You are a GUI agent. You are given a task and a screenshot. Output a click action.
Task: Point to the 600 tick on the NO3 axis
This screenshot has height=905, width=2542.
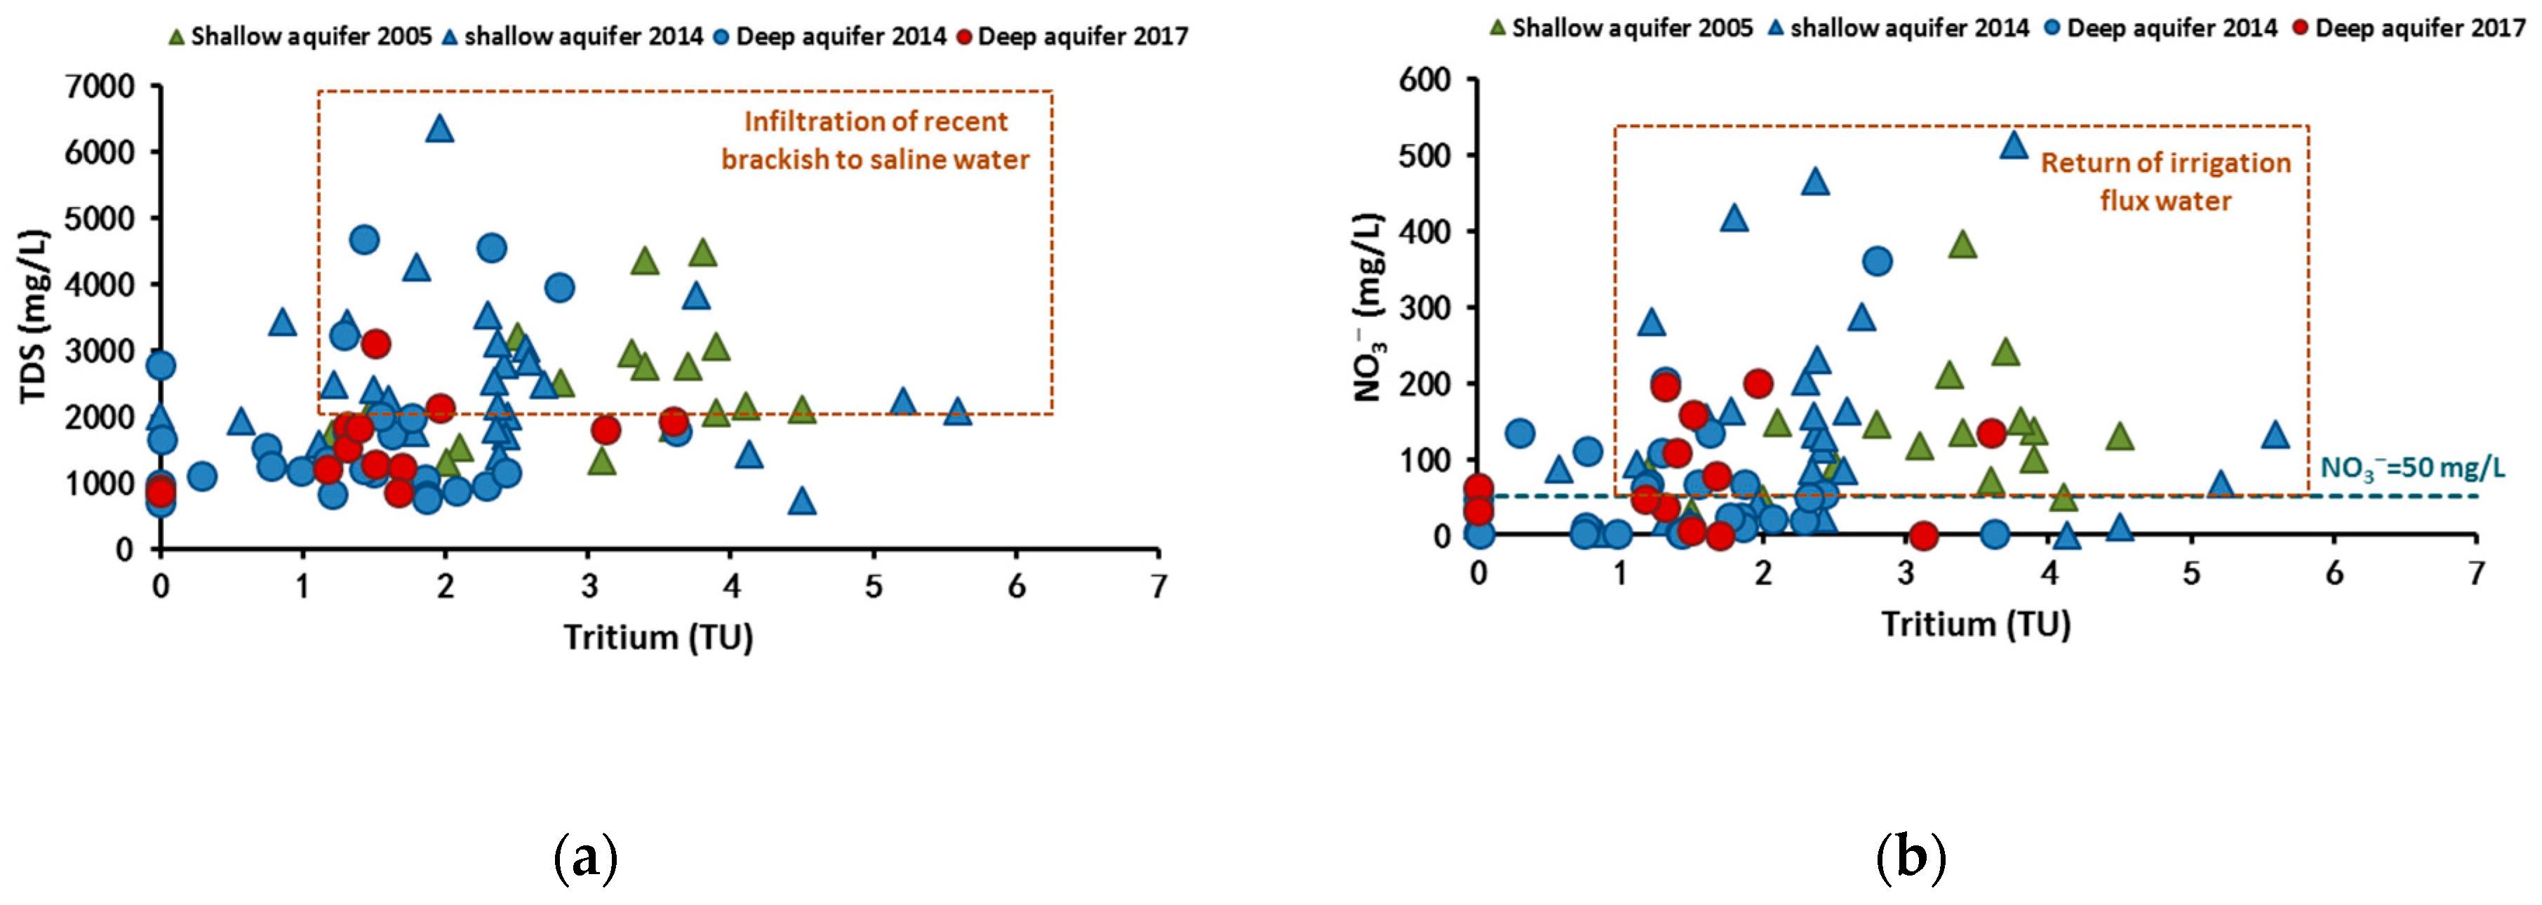[1424, 79]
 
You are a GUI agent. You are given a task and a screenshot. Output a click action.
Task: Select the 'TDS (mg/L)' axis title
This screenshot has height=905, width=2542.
[36, 317]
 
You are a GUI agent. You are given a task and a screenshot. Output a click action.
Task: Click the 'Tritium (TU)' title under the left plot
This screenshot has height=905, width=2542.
[658, 638]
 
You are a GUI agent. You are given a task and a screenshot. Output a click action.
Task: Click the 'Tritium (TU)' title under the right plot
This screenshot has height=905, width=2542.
[1976, 624]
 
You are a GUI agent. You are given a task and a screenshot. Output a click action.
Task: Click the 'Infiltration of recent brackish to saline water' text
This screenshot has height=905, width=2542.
[876, 140]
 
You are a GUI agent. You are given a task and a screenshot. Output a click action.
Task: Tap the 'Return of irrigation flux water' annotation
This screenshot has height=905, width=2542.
[2165, 182]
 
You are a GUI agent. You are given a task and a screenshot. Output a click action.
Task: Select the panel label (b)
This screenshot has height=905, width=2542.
[1911, 857]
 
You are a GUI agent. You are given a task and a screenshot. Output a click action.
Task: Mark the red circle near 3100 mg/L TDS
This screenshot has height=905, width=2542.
[375, 344]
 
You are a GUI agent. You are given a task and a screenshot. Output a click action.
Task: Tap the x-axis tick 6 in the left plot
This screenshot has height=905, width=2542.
[1017, 587]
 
